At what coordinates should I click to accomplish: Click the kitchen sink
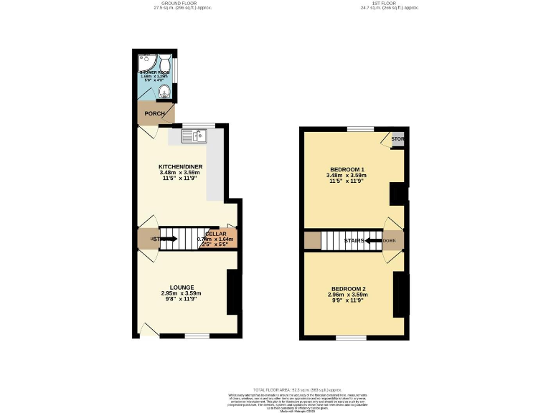click(x=198, y=135)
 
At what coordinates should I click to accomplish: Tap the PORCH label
click(x=155, y=113)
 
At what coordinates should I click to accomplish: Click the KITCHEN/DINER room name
click(x=181, y=166)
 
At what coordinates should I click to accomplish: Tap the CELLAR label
click(x=216, y=234)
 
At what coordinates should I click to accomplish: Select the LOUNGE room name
click(x=181, y=288)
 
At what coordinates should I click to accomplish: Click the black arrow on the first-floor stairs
click(x=374, y=241)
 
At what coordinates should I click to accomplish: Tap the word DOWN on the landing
click(x=390, y=241)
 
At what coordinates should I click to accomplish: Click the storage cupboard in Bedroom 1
click(x=397, y=139)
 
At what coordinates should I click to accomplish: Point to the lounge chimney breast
click(x=233, y=292)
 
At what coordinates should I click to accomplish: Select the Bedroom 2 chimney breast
click(x=400, y=294)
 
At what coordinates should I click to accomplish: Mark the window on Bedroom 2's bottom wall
click(x=351, y=337)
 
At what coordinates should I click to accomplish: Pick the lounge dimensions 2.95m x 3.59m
click(x=181, y=294)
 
